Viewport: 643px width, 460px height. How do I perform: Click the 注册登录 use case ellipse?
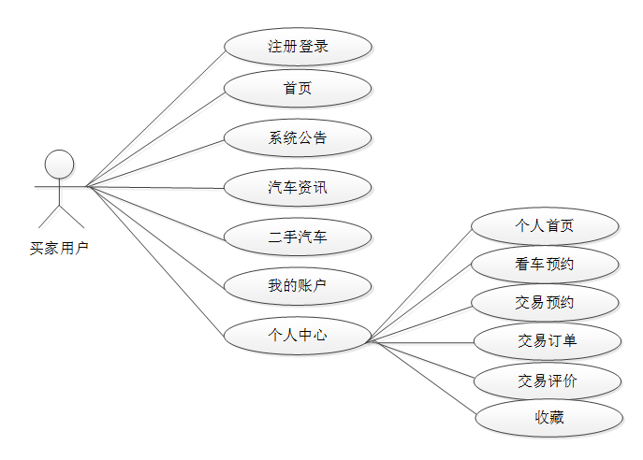click(x=298, y=46)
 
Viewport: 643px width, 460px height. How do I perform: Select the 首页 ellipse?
click(x=298, y=89)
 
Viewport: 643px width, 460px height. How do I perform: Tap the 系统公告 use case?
click(x=298, y=138)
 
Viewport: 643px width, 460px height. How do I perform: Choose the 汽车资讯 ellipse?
click(x=298, y=188)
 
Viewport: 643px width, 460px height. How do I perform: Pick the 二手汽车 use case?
click(x=298, y=237)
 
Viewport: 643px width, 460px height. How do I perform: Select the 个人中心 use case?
click(x=298, y=335)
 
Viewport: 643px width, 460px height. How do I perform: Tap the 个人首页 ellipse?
click(x=546, y=226)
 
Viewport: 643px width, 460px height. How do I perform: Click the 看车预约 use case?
click(x=546, y=265)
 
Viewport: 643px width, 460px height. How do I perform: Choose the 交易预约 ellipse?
click(x=546, y=303)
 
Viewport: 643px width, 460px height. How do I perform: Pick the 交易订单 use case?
click(x=548, y=341)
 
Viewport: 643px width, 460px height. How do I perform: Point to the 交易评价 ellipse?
click(x=548, y=381)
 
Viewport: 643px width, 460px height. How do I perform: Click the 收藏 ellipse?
click(x=549, y=418)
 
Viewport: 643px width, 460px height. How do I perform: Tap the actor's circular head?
click(x=60, y=164)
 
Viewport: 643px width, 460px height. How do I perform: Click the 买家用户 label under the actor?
click(x=60, y=249)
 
